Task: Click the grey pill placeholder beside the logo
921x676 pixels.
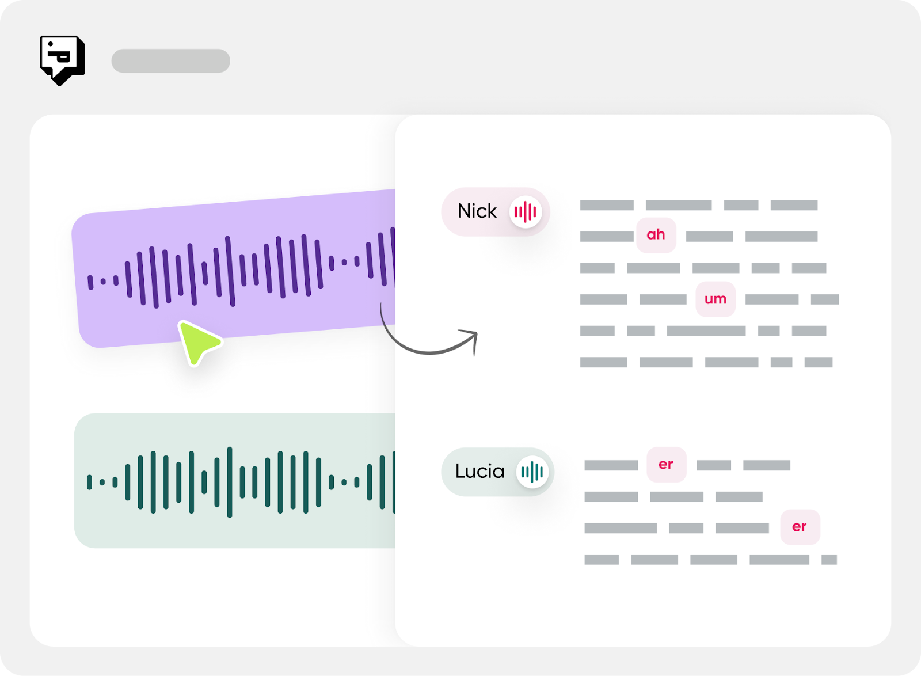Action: point(170,61)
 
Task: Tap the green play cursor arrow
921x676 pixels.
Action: point(197,342)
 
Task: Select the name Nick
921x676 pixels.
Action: point(477,211)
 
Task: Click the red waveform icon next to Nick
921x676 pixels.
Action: point(526,212)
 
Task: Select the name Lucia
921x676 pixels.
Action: point(479,472)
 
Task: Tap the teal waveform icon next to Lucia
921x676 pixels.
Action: point(532,472)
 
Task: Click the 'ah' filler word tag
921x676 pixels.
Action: point(656,235)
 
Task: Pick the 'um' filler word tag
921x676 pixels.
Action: point(716,299)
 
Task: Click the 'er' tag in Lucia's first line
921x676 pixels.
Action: point(666,465)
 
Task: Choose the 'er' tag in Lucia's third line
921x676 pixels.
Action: point(800,527)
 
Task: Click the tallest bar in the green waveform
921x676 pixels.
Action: point(230,482)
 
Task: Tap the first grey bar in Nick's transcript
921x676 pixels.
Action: point(607,205)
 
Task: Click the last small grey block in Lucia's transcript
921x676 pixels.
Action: point(829,560)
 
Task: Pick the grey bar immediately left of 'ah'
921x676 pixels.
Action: point(607,236)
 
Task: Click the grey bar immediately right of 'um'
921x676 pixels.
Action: point(771,299)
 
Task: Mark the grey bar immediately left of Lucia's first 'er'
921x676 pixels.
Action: point(611,465)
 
